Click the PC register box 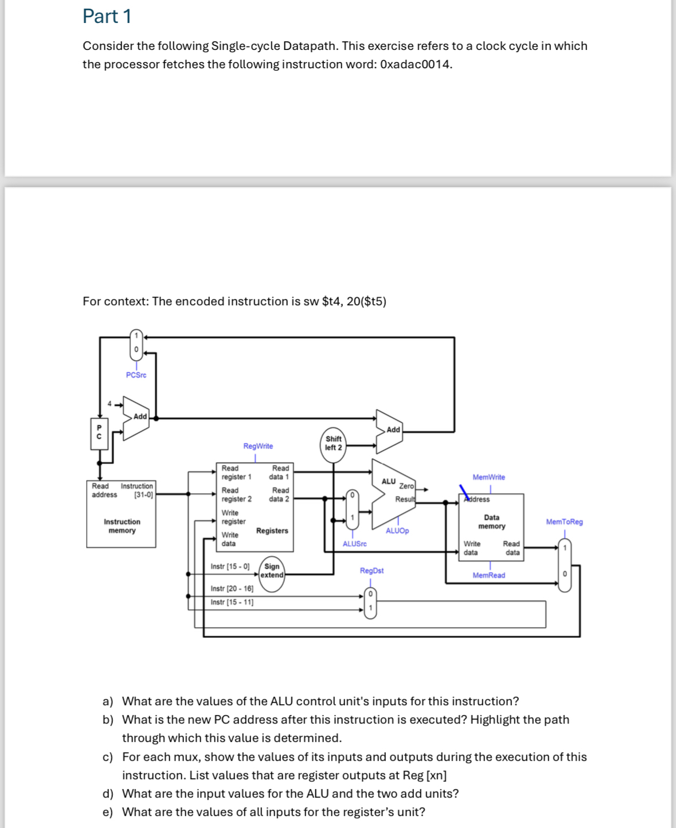coord(99,434)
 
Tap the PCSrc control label coord(136,375)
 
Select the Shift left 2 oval coord(334,445)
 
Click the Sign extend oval coord(272,574)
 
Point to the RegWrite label coord(258,446)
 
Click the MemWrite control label coord(489,477)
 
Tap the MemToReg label coord(565,522)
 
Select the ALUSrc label coord(355,544)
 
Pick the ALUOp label coord(397,531)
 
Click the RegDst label coord(372,570)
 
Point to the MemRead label coord(489,575)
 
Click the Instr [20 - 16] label coord(232,589)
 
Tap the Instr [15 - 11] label coord(232,602)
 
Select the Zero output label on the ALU coord(407,486)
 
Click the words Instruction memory coord(122,526)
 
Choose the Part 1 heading coord(107,17)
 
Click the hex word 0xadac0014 coord(416,64)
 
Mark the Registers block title coord(272,531)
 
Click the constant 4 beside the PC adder coord(110,403)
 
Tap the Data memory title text coord(491,522)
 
